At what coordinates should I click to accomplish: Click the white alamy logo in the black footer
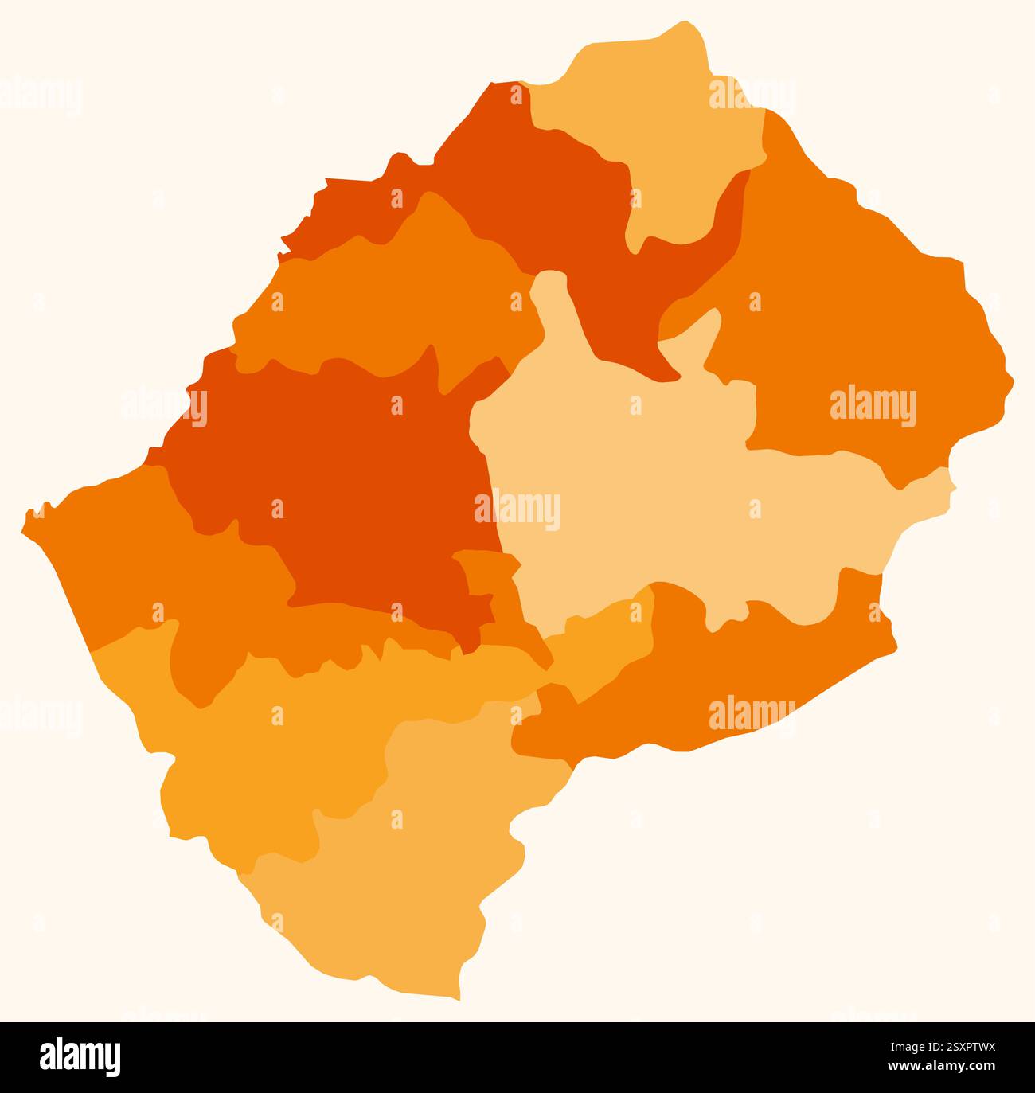(80, 1056)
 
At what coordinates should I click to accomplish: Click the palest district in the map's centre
(677, 494)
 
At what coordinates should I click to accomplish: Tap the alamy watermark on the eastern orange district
(873, 407)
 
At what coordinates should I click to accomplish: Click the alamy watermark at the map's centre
(517, 510)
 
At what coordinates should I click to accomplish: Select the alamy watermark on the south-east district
(752, 712)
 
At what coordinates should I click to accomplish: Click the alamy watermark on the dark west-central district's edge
(164, 406)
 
